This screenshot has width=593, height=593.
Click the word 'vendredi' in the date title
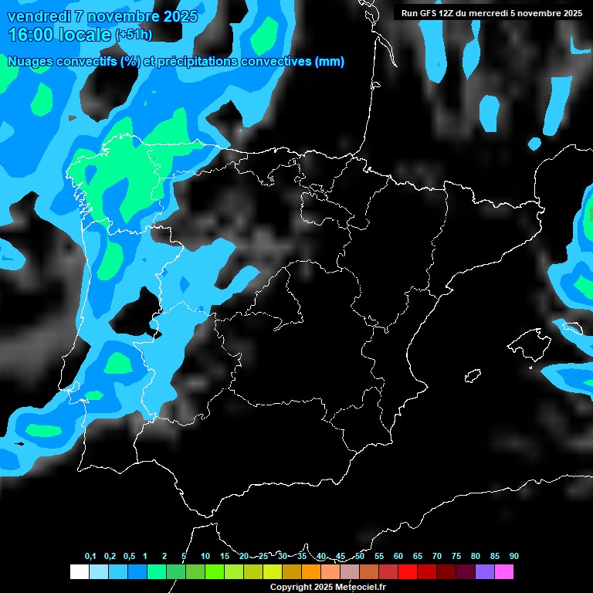click(36, 16)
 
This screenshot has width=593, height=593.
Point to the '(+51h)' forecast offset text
click(134, 35)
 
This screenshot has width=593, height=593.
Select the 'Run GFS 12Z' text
click(428, 13)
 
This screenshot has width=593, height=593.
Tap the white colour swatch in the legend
click(79, 572)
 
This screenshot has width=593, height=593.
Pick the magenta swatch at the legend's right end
click(504, 572)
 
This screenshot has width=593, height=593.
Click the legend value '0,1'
click(90, 557)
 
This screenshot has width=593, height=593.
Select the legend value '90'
click(514, 557)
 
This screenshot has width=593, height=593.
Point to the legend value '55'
click(379, 557)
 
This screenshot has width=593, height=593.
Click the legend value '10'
click(205, 557)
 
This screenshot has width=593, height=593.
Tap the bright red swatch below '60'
click(408, 572)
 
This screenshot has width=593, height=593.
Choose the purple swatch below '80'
click(485, 572)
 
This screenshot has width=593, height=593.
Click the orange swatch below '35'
click(311, 572)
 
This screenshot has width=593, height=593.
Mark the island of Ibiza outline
click(473, 376)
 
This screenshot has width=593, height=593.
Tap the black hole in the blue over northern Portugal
click(140, 308)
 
